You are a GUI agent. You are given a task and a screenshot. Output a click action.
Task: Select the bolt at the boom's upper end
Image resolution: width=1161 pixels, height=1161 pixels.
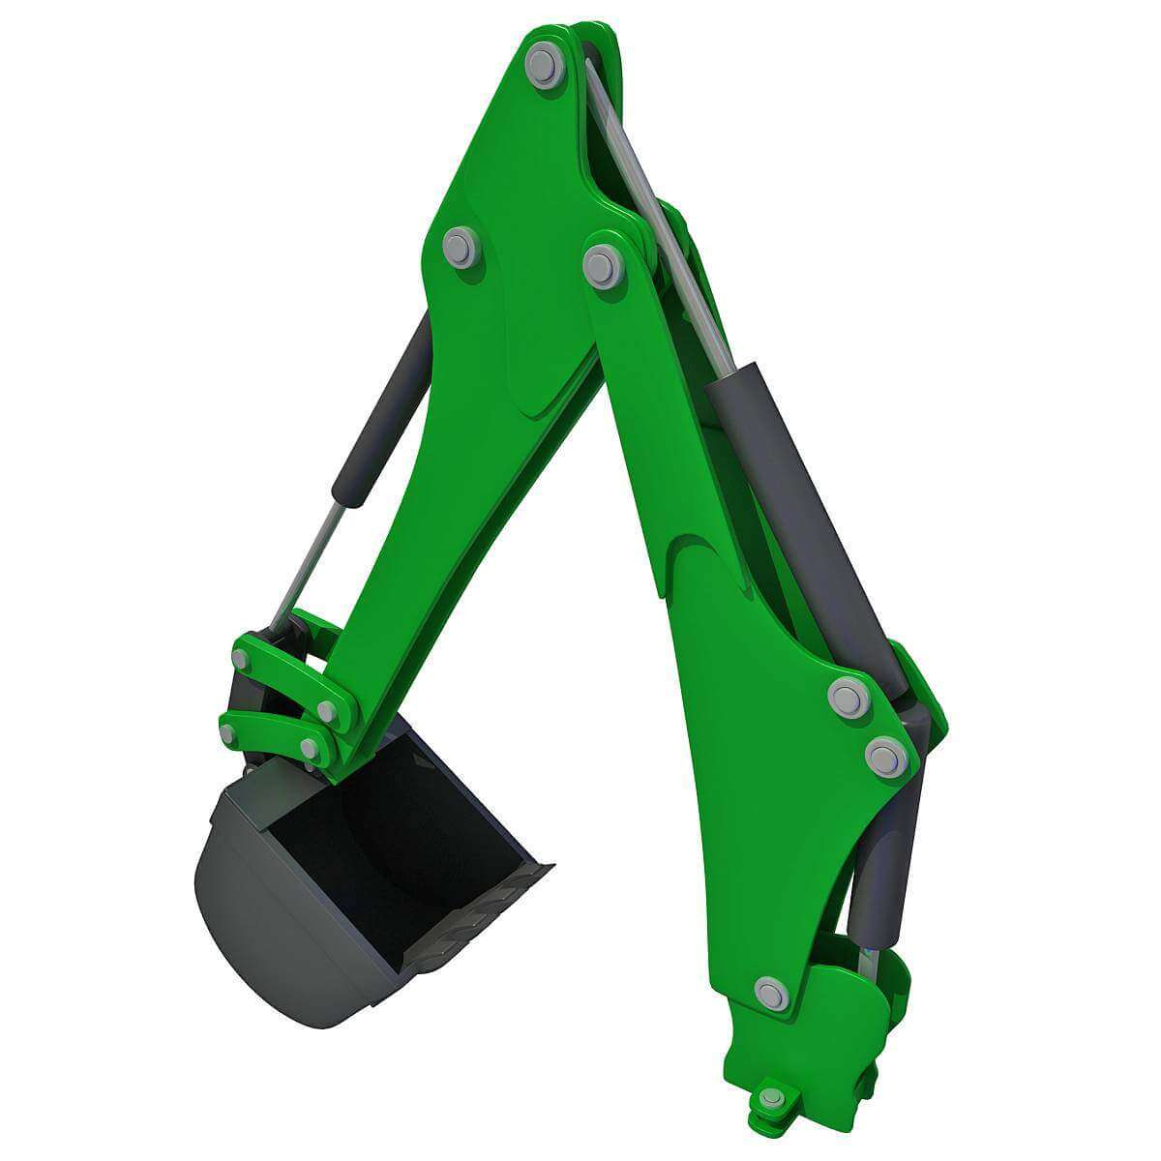pos(602,264)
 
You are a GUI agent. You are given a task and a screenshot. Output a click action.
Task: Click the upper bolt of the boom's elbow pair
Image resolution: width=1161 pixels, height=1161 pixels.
pos(848,697)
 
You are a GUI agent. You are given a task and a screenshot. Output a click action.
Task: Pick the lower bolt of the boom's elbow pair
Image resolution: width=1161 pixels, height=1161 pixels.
pos(884,756)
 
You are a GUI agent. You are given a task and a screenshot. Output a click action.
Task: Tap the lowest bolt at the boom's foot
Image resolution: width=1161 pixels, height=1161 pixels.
pos(771,1097)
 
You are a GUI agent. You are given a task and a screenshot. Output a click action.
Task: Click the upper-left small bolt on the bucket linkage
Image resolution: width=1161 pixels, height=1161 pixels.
pos(241,660)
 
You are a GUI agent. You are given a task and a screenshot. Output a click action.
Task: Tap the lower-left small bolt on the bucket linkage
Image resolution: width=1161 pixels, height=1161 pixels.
pos(227,734)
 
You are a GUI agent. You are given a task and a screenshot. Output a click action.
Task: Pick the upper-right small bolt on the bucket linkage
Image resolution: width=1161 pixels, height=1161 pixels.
pos(327,712)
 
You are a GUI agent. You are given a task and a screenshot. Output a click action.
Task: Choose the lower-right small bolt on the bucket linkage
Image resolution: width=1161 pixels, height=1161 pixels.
pos(310,748)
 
